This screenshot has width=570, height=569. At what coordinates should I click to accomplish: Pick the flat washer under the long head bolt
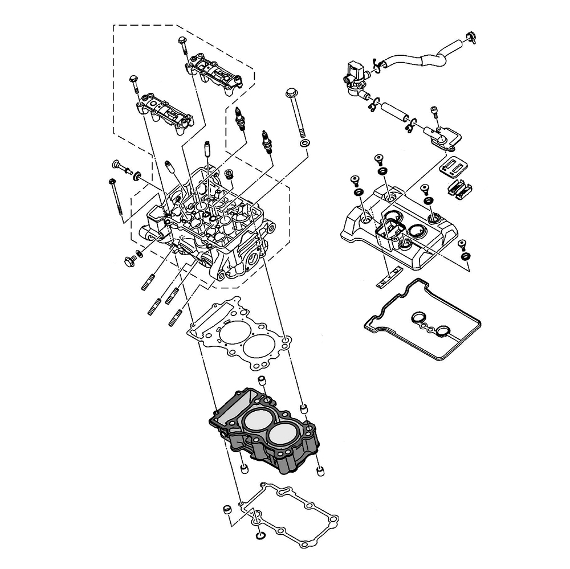305,141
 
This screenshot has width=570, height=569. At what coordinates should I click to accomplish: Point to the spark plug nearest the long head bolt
265,141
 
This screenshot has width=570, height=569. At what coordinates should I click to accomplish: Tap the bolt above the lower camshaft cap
135,83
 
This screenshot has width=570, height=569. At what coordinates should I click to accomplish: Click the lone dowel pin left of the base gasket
226,509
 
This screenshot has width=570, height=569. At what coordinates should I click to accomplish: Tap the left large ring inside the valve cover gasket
418,318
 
